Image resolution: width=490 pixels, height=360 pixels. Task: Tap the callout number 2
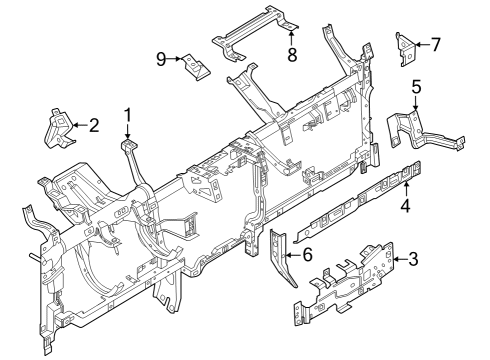(x=94, y=125)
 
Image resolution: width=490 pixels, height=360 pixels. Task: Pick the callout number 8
(x=292, y=56)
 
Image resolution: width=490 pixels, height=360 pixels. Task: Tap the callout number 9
(x=161, y=58)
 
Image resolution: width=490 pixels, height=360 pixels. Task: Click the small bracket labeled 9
(x=195, y=67)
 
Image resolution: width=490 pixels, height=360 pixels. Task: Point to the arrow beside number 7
(x=421, y=43)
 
